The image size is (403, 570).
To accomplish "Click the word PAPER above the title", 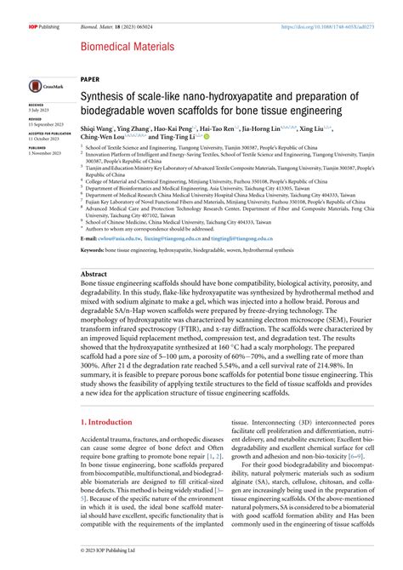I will click(89, 82).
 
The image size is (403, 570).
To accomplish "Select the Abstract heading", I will click(94, 275).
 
